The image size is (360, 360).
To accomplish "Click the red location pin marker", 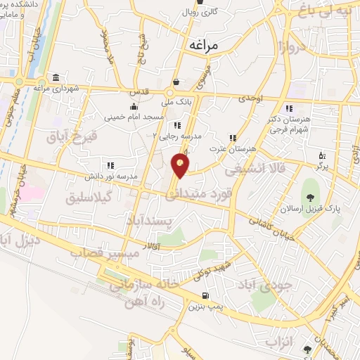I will (x=181, y=166).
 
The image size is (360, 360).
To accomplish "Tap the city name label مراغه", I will (x=205, y=44).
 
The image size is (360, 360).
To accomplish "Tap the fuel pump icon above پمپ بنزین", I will (x=205, y=295).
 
